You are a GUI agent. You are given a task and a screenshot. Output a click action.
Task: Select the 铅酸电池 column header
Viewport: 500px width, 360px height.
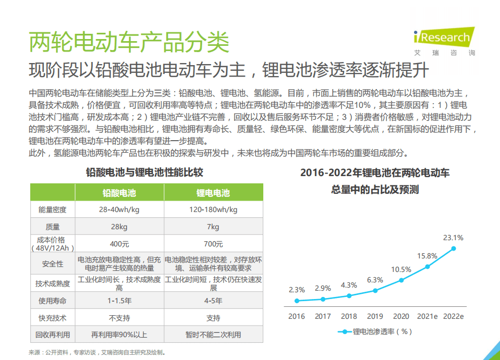pos(119,193)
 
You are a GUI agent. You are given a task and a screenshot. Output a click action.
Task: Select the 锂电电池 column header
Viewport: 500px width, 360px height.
pos(213,193)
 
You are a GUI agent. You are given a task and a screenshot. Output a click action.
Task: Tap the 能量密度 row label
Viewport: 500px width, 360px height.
pos(53,209)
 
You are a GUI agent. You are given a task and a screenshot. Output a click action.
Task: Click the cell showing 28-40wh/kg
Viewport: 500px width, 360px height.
pos(119,209)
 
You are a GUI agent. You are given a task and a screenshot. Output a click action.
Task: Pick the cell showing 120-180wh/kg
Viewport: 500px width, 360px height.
pos(213,209)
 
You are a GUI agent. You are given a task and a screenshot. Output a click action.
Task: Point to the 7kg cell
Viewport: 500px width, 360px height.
pos(213,227)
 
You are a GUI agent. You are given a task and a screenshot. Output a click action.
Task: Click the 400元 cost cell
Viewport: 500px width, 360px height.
pos(119,244)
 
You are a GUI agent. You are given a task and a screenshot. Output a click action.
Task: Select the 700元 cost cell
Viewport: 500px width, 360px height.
pos(213,244)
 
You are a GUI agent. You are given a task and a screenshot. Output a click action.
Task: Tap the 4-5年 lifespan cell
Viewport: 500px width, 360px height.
pos(213,301)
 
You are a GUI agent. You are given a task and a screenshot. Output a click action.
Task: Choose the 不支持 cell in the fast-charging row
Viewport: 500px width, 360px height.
pos(119,318)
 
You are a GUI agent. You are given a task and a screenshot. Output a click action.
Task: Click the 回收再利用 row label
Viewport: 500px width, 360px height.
pos(53,334)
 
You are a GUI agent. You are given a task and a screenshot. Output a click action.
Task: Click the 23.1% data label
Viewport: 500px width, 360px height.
pos(453,238)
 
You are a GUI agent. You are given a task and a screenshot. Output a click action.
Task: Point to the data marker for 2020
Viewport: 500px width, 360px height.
pos(401,280)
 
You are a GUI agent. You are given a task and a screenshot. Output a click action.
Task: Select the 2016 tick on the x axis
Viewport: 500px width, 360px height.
pos(297,316)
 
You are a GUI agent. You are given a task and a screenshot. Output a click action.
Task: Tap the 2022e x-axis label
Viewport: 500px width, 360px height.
pos(453,316)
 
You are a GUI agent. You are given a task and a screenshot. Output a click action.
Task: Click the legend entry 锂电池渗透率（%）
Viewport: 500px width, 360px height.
pos(376,331)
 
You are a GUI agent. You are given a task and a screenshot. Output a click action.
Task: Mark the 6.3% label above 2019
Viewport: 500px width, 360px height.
pos(375,280)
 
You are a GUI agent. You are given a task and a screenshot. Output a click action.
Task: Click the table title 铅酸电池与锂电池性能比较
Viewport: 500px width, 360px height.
pos(144,172)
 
